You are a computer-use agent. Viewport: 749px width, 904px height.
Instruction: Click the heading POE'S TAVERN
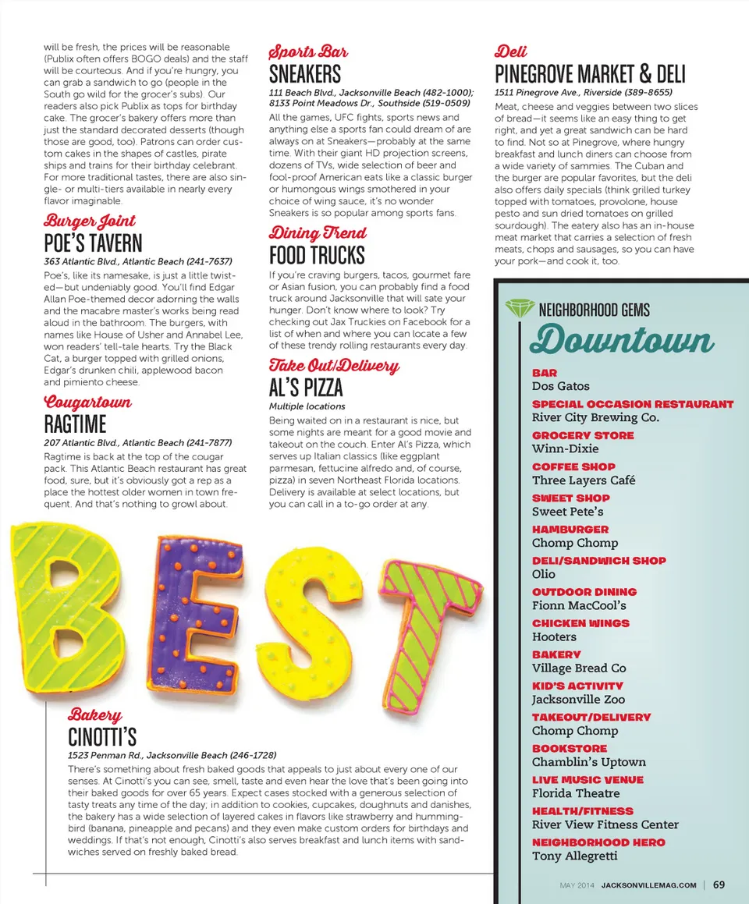tap(93, 243)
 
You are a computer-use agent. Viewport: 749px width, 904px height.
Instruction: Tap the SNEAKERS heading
tap(305, 75)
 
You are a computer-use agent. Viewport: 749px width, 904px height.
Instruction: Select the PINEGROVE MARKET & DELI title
tap(590, 75)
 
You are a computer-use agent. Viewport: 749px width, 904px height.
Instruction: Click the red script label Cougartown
tap(88, 402)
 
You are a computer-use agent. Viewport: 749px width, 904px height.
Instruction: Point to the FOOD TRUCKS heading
tap(317, 255)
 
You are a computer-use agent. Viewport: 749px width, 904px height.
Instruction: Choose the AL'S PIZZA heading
tap(306, 388)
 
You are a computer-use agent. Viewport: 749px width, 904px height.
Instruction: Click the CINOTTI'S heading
tap(102, 737)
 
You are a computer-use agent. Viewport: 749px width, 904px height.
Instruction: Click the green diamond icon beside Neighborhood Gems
tap(519, 309)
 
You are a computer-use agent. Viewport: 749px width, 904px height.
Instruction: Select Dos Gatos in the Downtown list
tap(560, 386)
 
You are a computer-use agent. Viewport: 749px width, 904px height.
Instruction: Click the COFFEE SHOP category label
tap(573, 466)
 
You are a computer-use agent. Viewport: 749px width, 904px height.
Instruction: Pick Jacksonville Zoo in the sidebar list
tap(578, 700)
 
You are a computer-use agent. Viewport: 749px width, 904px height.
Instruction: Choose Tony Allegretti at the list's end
tap(574, 856)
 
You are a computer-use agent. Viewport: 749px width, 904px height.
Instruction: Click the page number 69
tap(719, 885)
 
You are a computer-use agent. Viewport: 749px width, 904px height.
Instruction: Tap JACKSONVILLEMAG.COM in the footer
tap(648, 885)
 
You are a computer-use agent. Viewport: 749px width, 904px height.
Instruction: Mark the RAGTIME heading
tap(75, 424)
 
